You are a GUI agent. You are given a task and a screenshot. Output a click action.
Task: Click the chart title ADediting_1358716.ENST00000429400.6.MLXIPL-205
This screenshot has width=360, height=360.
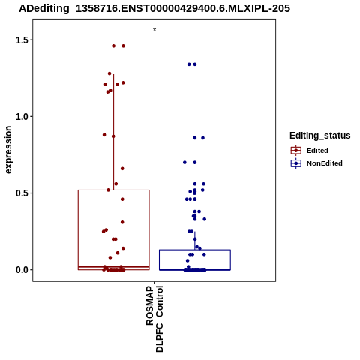coord(154,9)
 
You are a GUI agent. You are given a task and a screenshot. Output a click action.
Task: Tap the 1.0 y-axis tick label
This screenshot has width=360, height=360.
coord(22,117)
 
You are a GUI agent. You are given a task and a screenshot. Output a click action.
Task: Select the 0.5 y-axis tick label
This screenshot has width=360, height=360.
coord(22,193)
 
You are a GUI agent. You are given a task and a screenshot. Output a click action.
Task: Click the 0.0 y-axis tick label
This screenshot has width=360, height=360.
coord(22,270)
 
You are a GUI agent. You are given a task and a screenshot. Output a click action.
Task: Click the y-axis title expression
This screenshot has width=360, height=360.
coord(8,150)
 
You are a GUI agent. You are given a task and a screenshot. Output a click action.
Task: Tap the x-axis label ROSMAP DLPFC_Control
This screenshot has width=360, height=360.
coord(154,319)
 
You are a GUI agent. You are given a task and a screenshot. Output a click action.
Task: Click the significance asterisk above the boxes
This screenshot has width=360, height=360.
coord(154,30)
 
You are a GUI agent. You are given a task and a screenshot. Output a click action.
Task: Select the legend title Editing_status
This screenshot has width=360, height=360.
coord(320,136)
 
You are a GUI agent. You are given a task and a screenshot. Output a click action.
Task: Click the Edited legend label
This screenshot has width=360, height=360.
coord(317,151)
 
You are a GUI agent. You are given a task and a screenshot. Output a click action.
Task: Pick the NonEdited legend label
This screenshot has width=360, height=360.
coord(325,163)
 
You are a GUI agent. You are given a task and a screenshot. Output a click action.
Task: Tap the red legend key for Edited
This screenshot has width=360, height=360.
coord(296,151)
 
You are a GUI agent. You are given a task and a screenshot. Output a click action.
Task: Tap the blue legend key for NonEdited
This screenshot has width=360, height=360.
coord(296,163)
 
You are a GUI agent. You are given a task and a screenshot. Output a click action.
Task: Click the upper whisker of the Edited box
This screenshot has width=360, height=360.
coord(114,132)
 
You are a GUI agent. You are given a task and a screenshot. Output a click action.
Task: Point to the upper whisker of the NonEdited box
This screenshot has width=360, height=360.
coord(195,241)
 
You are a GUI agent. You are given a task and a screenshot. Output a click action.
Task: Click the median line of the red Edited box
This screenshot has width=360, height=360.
coord(114,267)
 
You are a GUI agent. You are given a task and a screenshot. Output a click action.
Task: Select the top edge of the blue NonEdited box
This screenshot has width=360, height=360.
coord(195,250)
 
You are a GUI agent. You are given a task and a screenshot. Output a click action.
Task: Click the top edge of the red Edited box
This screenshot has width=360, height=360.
coord(114,190)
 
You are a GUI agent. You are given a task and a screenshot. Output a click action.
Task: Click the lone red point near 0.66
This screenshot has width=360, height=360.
coord(122,169)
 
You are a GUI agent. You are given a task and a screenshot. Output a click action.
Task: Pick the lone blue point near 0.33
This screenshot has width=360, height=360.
coord(205,219)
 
